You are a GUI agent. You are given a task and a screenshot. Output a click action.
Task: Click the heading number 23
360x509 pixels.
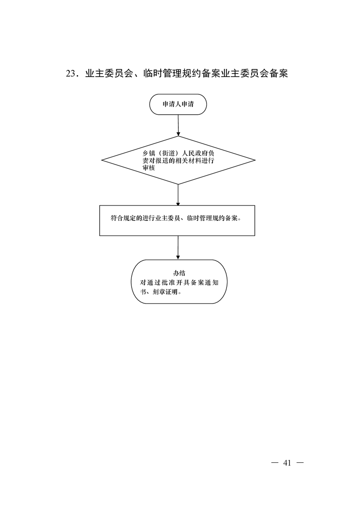(70, 74)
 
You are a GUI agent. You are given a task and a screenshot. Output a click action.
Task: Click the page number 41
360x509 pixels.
(287, 463)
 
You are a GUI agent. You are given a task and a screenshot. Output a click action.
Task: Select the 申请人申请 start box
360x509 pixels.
(178, 104)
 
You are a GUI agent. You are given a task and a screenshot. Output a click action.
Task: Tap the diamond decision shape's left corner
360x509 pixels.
(102, 160)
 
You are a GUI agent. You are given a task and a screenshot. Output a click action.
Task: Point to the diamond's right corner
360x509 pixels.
(256, 160)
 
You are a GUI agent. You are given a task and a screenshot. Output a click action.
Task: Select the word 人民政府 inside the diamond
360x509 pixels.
(195, 153)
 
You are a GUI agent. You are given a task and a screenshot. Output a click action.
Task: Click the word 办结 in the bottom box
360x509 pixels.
(179, 273)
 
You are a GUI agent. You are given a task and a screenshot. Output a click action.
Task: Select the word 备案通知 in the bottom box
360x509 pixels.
(203, 283)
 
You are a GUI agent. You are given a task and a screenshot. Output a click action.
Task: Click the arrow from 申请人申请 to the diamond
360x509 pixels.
(178, 125)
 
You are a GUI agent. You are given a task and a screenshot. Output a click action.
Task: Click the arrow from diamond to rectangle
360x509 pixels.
(178, 195)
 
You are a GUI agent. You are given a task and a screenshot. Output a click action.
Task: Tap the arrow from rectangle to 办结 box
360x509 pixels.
(178, 247)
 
